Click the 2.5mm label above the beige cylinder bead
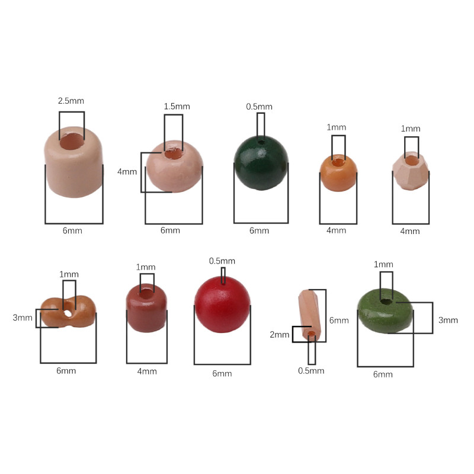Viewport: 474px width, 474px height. coord(71,101)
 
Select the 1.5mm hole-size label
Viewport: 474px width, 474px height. coord(177,107)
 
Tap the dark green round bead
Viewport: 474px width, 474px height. coord(261,163)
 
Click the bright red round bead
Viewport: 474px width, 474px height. coord(223,305)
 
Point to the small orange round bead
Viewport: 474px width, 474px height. coord(338,173)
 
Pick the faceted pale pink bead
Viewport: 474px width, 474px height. coord(411,171)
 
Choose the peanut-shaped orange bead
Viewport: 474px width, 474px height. coord(68,312)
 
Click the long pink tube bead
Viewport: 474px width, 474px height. coord(309,315)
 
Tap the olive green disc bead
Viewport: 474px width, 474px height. coord(386,311)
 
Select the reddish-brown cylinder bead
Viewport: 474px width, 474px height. coord(146,308)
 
